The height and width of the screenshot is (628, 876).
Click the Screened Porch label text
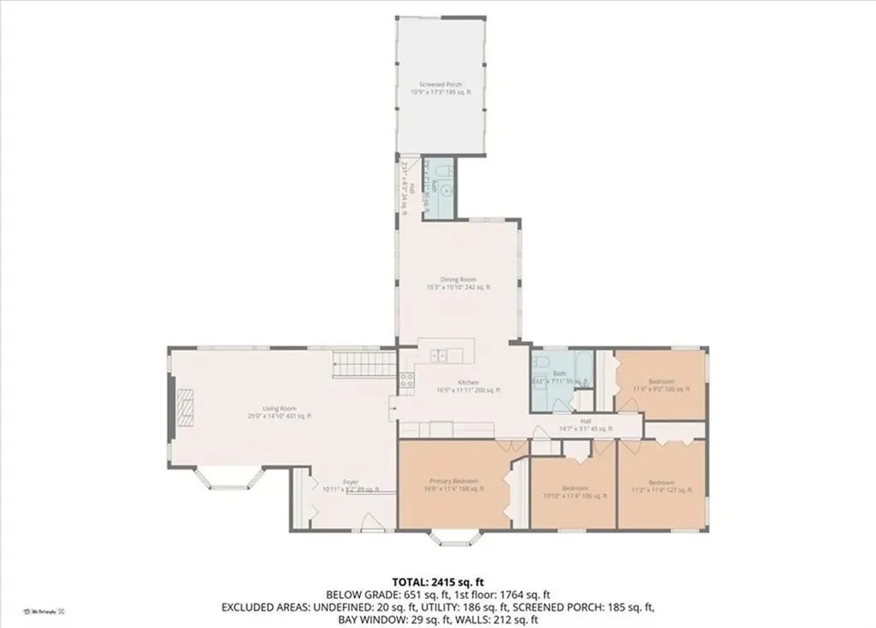click(x=441, y=85)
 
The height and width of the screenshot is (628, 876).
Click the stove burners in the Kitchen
click(x=406, y=380)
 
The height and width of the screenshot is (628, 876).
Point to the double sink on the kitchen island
click(x=439, y=354)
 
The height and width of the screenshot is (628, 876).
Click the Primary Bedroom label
click(x=454, y=481)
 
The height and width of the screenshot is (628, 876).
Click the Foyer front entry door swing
click(x=367, y=522)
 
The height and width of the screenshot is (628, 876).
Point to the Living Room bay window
click(x=228, y=478)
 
